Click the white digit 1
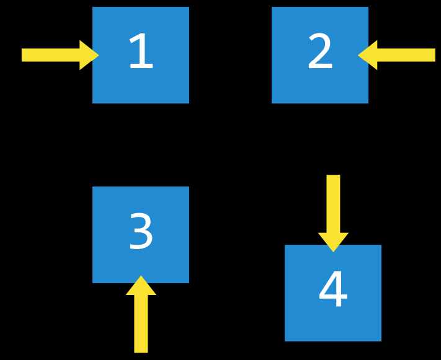pyautogui.click(x=140, y=53)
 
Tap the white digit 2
pyautogui.click(x=320, y=53)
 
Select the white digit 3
pyautogui.click(x=141, y=232)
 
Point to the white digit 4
pyautogui.click(x=332, y=290)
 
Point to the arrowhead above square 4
pyautogui.click(x=333, y=242)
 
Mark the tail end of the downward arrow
pyautogui.click(x=333, y=177)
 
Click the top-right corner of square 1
pyautogui.click(x=189, y=7)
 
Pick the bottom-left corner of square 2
pyautogui.click(x=272, y=103)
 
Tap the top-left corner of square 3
pyautogui.click(x=93, y=187)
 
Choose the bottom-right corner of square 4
pyautogui.click(x=381, y=341)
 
